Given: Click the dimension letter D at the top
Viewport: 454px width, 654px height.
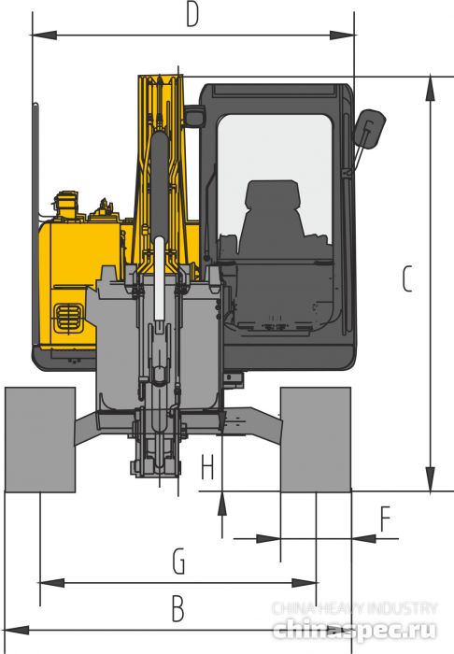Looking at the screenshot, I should coord(192,17).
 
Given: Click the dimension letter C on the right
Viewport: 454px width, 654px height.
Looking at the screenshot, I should coord(406,278).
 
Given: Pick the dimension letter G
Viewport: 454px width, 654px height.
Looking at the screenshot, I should coord(178,562).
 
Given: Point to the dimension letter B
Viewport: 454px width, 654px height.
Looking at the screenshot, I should coord(177,609).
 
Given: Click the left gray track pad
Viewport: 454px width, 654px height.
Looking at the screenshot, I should coord(39,439).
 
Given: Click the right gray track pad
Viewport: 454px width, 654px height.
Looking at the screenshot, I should coord(316,439).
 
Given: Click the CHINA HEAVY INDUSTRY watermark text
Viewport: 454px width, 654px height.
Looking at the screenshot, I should coord(355,607).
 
